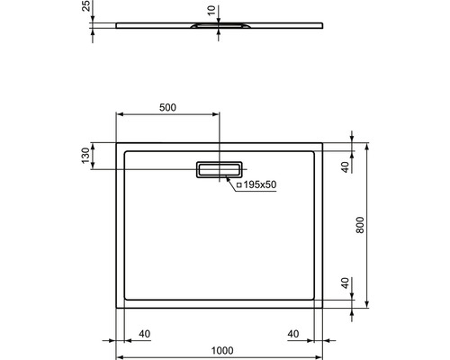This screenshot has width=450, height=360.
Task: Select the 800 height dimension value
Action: [360, 225]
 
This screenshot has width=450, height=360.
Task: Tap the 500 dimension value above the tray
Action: [166, 107]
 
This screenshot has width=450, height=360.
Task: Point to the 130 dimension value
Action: [86, 156]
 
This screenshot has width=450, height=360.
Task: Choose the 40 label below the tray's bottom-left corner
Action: [144, 334]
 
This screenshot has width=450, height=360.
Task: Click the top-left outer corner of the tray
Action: [117, 141]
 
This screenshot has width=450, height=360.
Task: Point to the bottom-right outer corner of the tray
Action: [323, 307]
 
